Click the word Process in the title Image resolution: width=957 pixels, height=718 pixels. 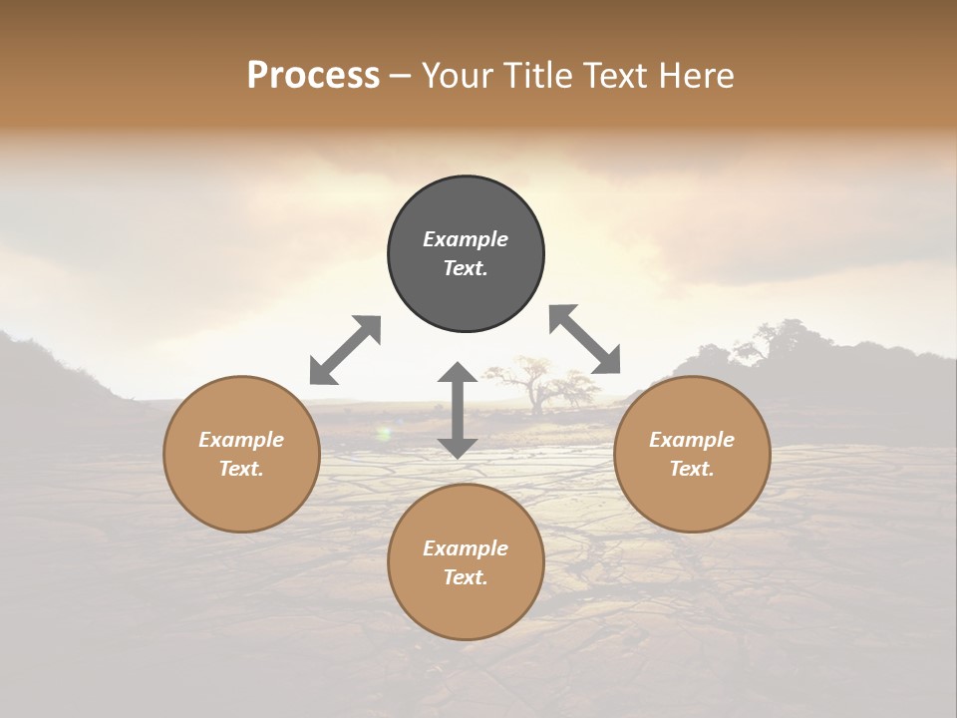pos(313,76)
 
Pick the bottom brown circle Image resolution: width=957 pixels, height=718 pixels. pos(466,608)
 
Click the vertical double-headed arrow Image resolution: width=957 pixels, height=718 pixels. pos(458,410)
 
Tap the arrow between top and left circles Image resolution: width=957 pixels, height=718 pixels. pos(345,350)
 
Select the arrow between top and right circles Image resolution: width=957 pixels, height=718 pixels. pos(584,339)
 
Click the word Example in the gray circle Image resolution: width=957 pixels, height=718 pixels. pos(466,239)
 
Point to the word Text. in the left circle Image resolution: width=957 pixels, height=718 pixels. pos(241,469)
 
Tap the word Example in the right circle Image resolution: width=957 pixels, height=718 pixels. pos(692,440)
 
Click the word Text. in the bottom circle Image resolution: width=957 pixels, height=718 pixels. pos(466,577)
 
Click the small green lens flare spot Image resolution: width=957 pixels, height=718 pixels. pos(383,433)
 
